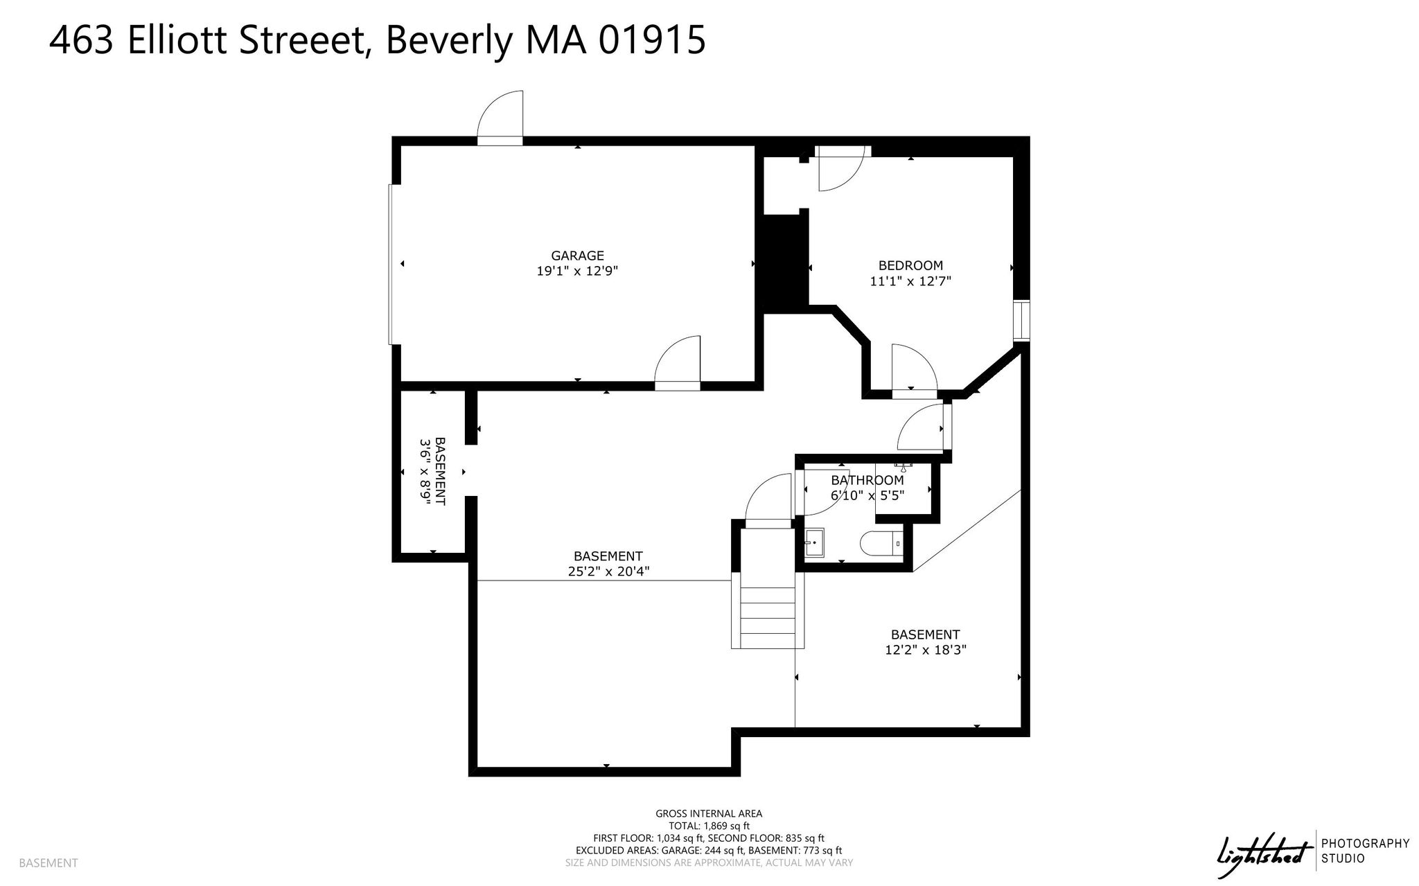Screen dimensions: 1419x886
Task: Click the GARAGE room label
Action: [577, 256]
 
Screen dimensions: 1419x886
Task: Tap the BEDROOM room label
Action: [910, 265]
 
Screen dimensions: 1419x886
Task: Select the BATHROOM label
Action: [867, 480]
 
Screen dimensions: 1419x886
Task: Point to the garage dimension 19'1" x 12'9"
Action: [577, 272]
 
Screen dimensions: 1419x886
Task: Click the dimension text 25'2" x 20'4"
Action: [608, 572]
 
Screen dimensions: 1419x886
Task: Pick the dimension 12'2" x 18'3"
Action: [925, 650]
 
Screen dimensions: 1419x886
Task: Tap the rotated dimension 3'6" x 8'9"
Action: [425, 472]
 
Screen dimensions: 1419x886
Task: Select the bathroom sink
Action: [814, 542]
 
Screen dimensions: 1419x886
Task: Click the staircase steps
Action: [768, 617]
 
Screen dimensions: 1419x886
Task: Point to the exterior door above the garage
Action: [500, 118]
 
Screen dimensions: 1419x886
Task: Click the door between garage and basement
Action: [678, 363]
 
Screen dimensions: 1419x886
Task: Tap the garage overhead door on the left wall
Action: [391, 264]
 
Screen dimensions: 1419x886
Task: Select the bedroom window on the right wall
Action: [1021, 321]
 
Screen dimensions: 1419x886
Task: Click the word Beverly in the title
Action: [448, 39]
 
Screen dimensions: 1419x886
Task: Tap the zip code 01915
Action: [652, 39]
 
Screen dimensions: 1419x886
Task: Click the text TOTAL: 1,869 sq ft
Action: [709, 826]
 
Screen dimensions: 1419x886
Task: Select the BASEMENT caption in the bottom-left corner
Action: [49, 863]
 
